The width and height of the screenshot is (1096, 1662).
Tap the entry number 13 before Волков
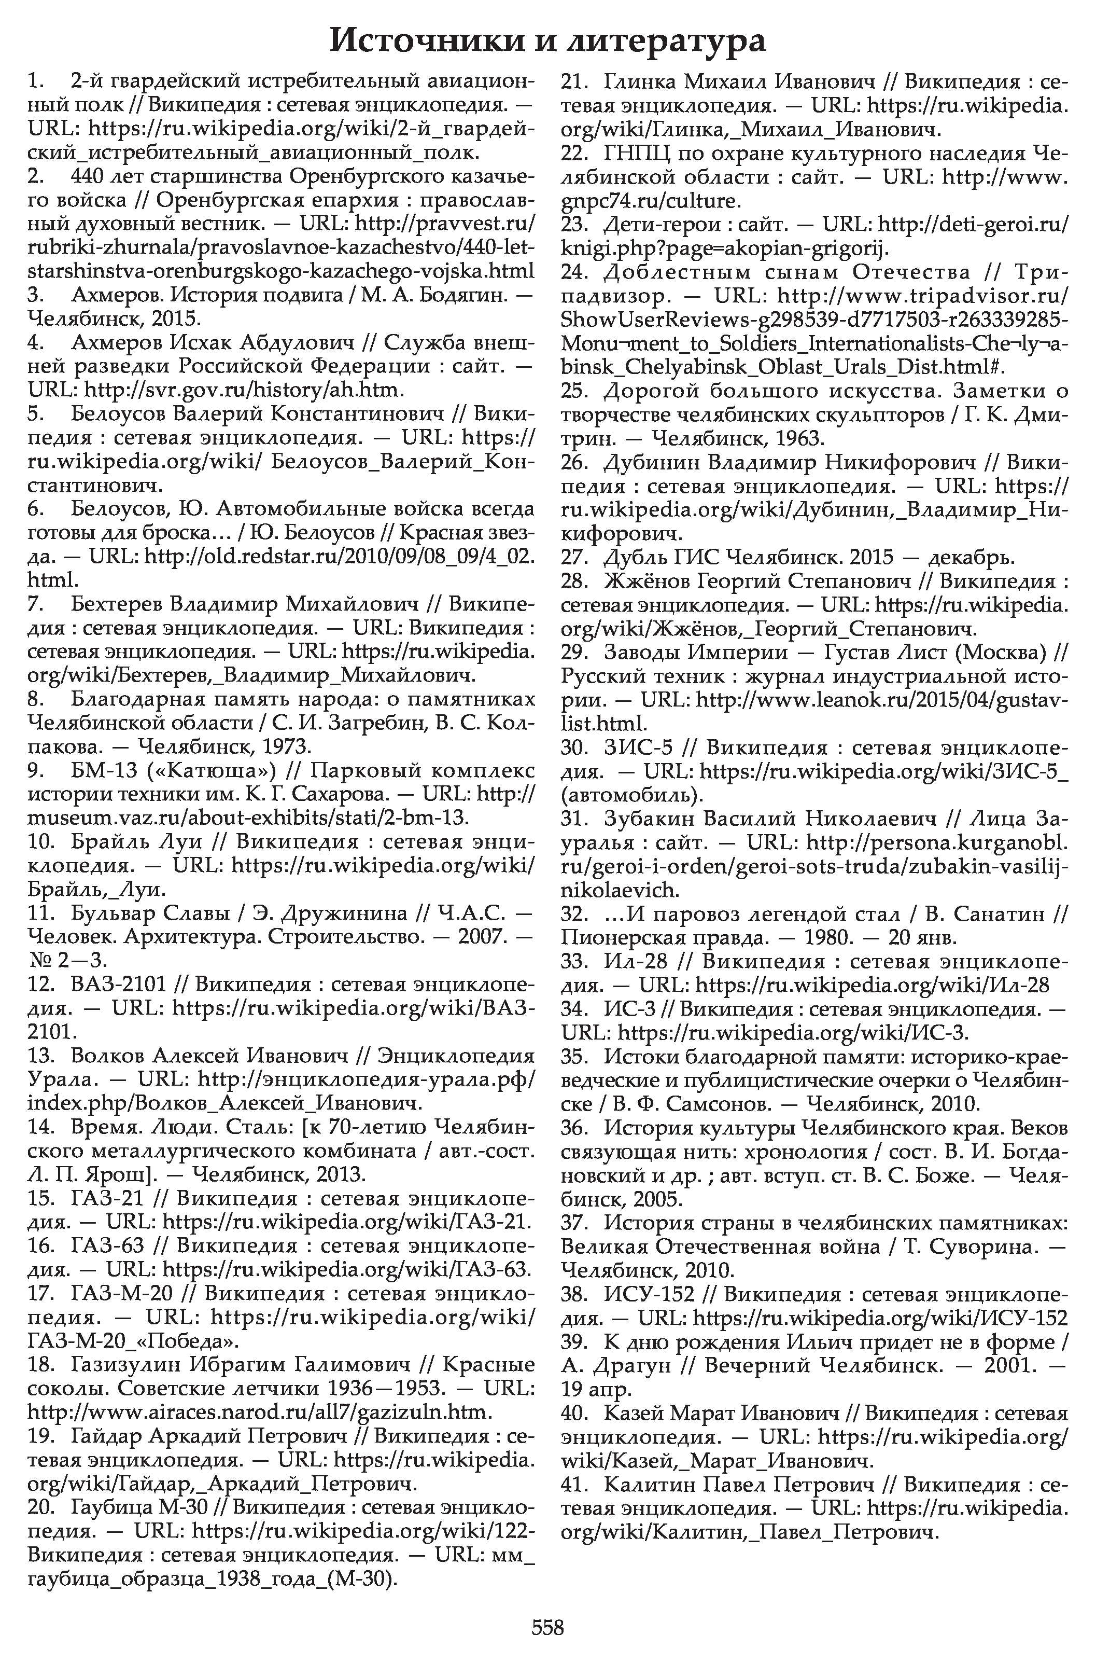point(40,1056)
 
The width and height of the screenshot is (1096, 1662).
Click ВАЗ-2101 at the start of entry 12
point(119,985)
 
